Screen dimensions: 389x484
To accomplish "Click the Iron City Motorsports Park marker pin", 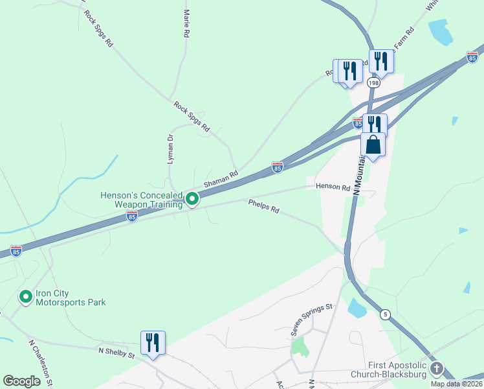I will pyautogui.click(x=26, y=297).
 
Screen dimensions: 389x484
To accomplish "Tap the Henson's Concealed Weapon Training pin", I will pyautogui.click(x=192, y=199).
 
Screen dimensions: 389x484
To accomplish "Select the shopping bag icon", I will pyautogui.click(x=373, y=144).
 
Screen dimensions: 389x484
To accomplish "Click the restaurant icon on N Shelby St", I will pyautogui.click(x=153, y=342).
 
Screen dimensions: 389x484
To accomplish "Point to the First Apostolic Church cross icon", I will pyautogui.click(x=437, y=370).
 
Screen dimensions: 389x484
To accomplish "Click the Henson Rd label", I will pyautogui.click(x=333, y=187).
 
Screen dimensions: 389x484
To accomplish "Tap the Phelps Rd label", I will pyautogui.click(x=263, y=206).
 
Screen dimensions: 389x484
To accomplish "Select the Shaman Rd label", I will pyautogui.click(x=221, y=179).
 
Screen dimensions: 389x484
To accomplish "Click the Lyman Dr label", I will pyautogui.click(x=171, y=148).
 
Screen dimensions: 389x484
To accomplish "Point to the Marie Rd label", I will pyautogui.click(x=186, y=23).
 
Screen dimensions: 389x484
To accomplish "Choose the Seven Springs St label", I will pyautogui.click(x=311, y=319).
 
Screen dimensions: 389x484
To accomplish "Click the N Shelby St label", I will pyautogui.click(x=116, y=353).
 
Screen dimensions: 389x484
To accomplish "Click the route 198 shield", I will pyautogui.click(x=373, y=83).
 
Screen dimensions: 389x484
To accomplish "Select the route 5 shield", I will pyautogui.click(x=386, y=314).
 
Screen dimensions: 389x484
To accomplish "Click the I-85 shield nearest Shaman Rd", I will pyautogui.click(x=278, y=168).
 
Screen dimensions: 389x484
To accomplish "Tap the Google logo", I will pyautogui.click(x=21, y=381).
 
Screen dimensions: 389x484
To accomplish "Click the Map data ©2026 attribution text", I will pyautogui.click(x=456, y=384).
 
